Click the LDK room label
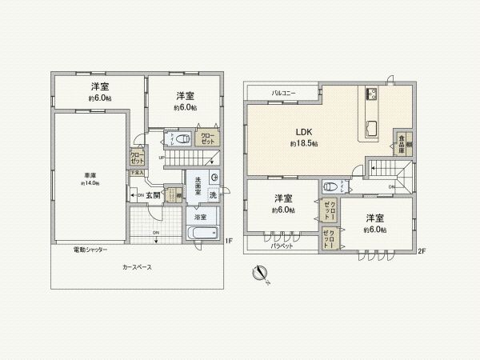click(x=304, y=131)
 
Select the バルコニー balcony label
click(x=283, y=94)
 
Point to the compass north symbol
click(x=261, y=273)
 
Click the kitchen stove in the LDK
click(x=372, y=96)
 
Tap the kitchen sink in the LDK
click(x=372, y=126)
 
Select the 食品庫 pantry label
click(x=400, y=142)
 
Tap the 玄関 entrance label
click(x=153, y=194)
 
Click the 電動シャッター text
click(x=90, y=250)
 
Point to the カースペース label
click(x=137, y=266)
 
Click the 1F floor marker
click(x=229, y=242)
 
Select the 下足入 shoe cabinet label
click(x=138, y=172)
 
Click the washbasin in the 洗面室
click(x=214, y=178)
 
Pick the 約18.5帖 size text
click(x=304, y=143)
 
